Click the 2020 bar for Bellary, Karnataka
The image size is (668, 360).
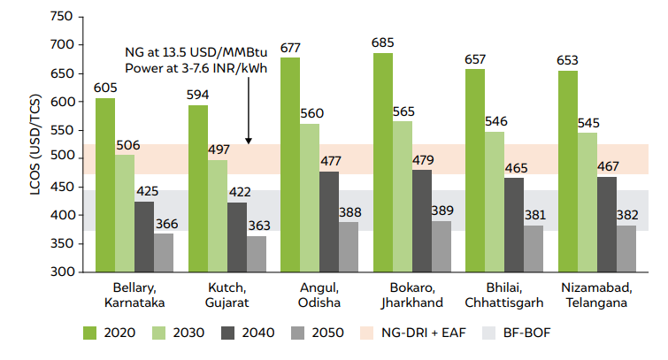[104, 185]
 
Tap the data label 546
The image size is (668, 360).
[495, 120]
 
